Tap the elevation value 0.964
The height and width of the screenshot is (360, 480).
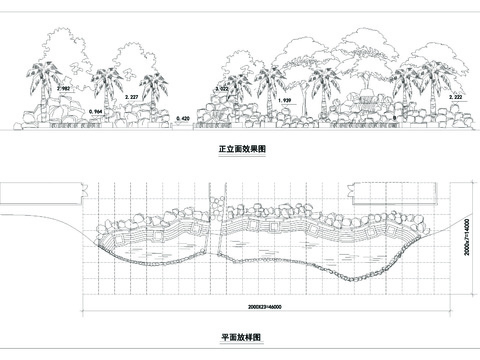[97, 108]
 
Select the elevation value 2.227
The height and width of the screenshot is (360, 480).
[131, 97]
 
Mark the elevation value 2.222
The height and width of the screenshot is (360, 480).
[458, 97]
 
